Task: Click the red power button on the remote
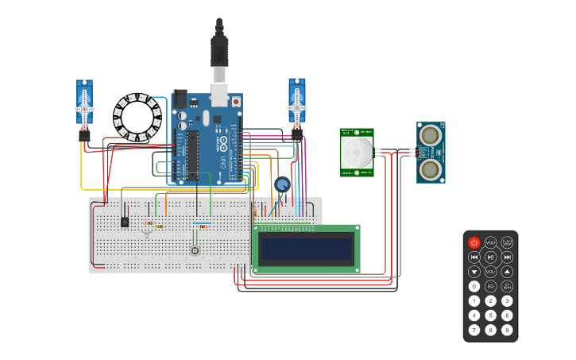474,242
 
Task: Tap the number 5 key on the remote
491,315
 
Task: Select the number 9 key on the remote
507,330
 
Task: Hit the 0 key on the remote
474,286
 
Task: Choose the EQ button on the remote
491,286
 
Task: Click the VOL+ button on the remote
491,242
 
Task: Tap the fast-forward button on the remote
507,257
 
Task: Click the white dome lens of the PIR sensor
357,150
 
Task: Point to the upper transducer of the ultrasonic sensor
431,134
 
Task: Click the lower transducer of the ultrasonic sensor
431,168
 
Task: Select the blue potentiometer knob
282,185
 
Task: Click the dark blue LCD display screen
306,250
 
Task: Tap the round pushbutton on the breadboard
195,251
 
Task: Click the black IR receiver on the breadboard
125,222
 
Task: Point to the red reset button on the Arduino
236,102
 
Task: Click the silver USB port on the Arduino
218,95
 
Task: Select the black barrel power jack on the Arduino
180,98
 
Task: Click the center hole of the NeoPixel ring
137,118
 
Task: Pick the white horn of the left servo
85,107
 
